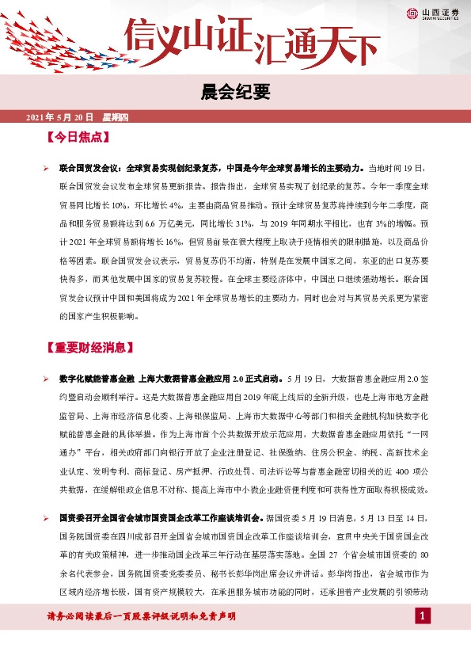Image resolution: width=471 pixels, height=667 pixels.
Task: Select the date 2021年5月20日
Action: [x=60, y=118]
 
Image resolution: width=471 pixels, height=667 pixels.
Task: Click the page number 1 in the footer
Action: [x=424, y=616]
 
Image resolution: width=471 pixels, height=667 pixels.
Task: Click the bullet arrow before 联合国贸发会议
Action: [x=46, y=168]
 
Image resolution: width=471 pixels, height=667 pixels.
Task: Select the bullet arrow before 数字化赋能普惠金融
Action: [x=46, y=379]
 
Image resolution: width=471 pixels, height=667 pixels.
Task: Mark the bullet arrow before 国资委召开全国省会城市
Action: [x=46, y=516]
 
